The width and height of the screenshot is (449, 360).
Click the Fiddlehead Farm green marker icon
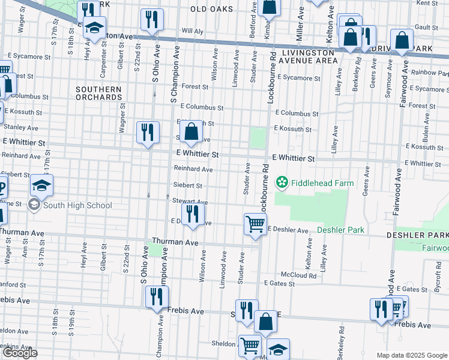pyautogui.click(x=280, y=181)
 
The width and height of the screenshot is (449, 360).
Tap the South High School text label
pyautogui.click(x=77, y=205)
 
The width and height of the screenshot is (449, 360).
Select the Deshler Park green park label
pyautogui.click(x=340, y=230)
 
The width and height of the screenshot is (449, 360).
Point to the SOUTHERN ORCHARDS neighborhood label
pyautogui.click(x=98, y=93)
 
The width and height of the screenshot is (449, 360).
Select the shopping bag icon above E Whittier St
pyautogui.click(x=191, y=131)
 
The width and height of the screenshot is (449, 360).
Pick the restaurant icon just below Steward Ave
pyautogui.click(x=193, y=214)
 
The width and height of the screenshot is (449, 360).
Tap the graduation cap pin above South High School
pyautogui.click(x=41, y=185)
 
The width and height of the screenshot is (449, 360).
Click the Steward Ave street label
pyautogui.click(x=190, y=201)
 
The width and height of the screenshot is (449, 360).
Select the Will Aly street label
pyautogui.click(x=193, y=31)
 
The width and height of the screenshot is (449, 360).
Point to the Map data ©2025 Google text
pyautogui.click(x=412, y=355)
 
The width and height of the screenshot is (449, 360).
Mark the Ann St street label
pyautogui.click(x=25, y=249)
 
